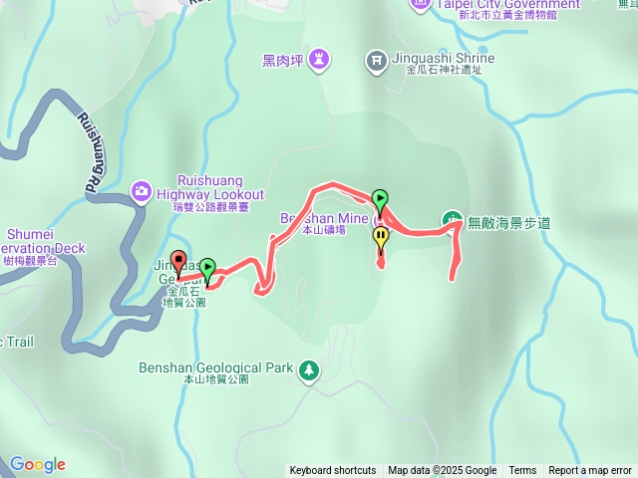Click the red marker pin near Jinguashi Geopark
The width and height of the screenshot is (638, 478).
pos(179,262)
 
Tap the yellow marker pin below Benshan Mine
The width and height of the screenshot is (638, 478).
pos(381,237)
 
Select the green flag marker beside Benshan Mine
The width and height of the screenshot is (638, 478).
pos(380,198)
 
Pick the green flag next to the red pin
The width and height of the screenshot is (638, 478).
pos(207,268)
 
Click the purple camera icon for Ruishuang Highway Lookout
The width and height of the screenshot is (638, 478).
pos(142,189)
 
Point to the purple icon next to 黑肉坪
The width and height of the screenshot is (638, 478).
pos(318,59)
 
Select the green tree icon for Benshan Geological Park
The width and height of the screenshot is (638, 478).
pos(309,369)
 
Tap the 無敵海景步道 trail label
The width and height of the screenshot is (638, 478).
pos(508,222)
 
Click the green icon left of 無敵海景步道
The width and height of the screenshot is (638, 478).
pos(452,220)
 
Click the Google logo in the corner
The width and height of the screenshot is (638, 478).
pos(38,464)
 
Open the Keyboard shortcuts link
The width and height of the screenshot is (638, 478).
pos(333,471)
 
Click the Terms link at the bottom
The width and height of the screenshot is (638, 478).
pos(522,471)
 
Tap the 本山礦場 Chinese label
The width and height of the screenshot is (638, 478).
pos(324,230)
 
